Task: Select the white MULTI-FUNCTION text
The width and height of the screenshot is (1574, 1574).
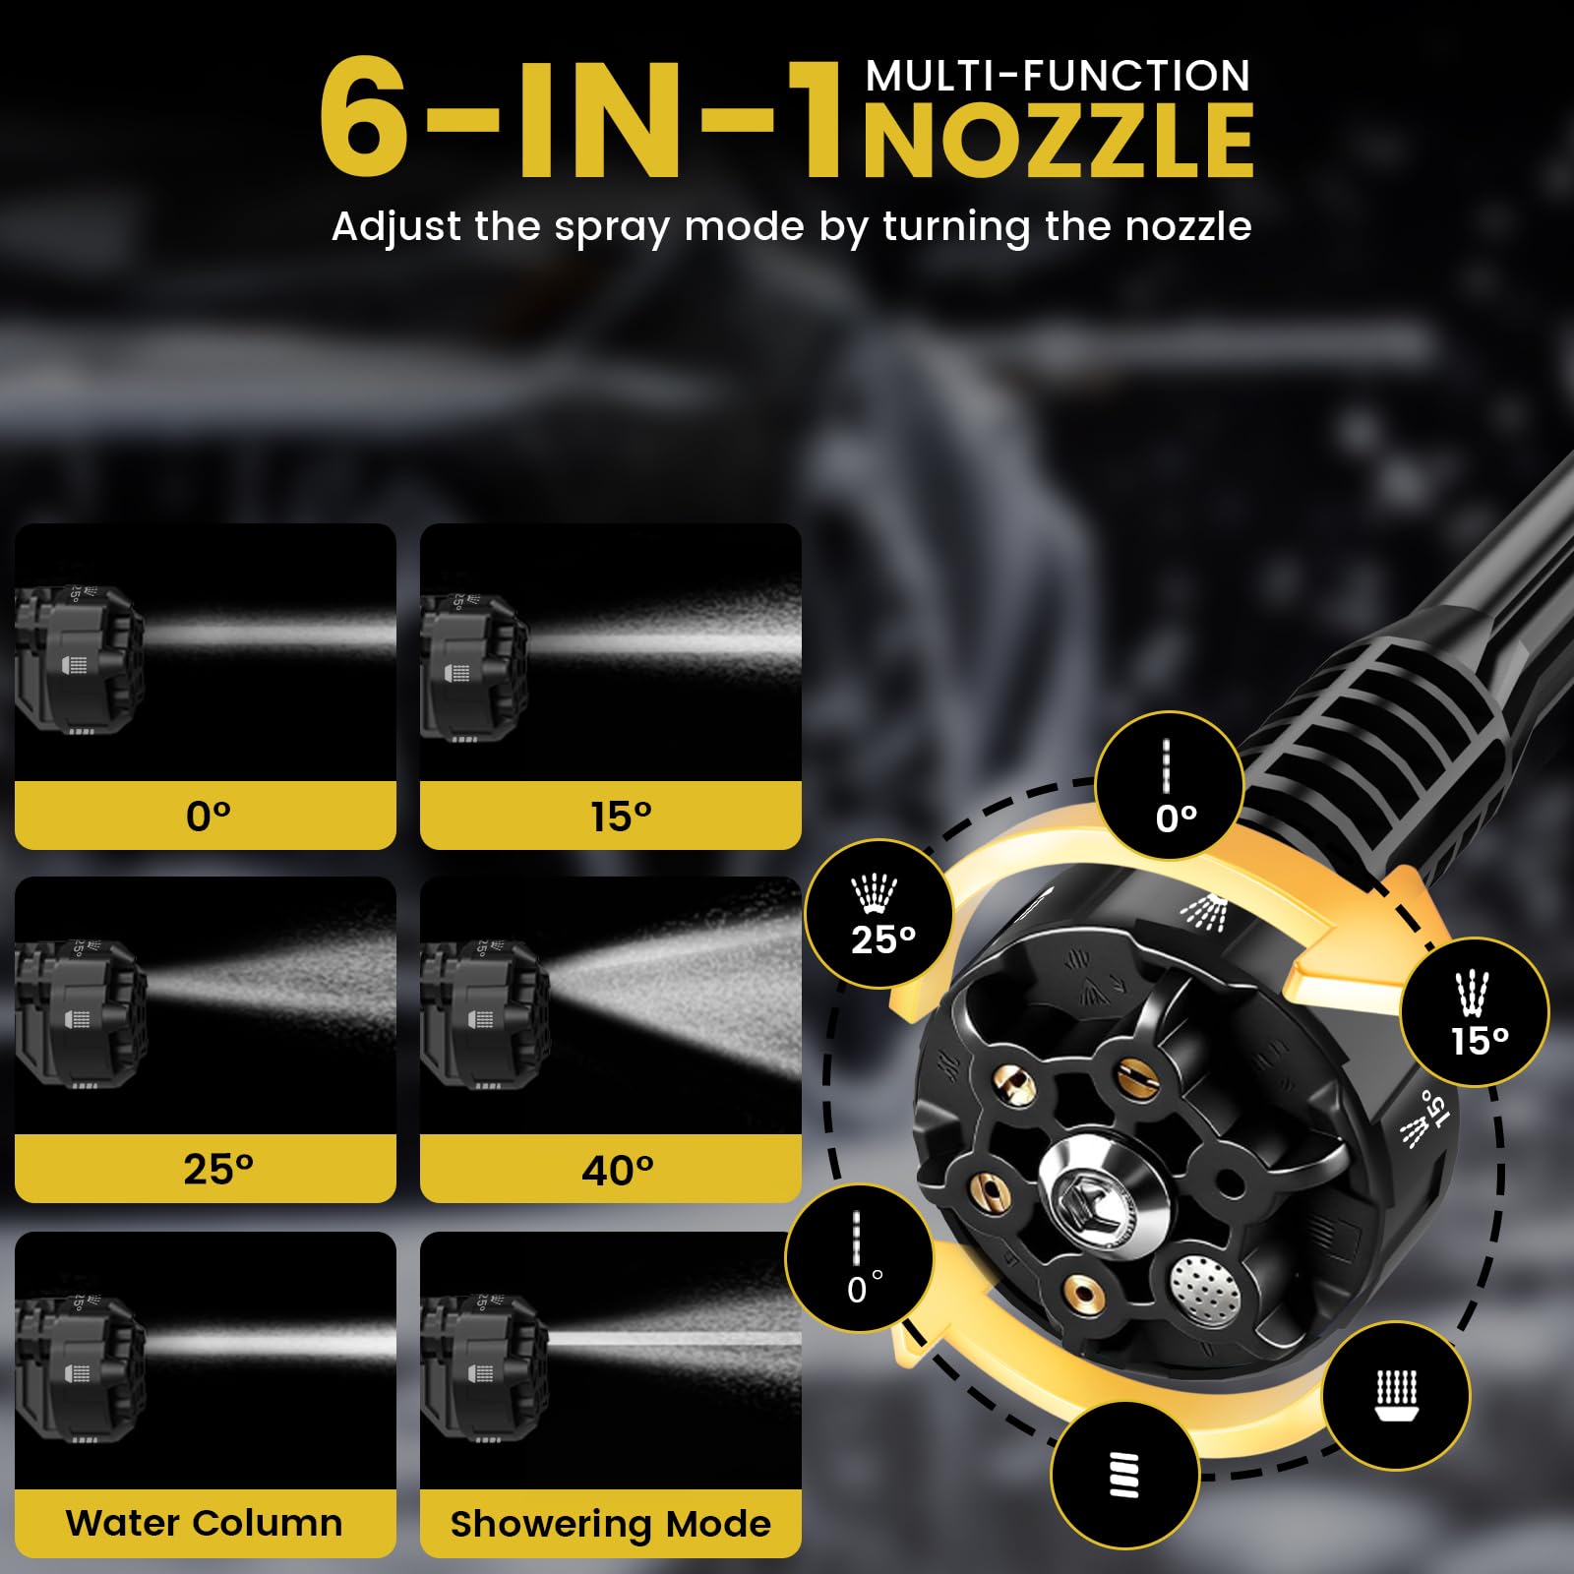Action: pyautogui.click(x=1058, y=76)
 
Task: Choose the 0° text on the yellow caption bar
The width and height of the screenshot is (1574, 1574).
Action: pyautogui.click(x=209, y=817)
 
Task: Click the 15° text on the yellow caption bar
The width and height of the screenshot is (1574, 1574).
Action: pyautogui.click(x=621, y=817)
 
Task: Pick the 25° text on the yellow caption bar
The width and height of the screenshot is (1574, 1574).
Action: pyautogui.click(x=217, y=1169)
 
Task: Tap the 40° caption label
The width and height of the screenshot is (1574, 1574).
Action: pyautogui.click(x=617, y=1170)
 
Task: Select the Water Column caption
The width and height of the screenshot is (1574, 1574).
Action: pyautogui.click(x=205, y=1523)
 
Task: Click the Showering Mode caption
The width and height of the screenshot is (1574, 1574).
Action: pyautogui.click(x=610, y=1524)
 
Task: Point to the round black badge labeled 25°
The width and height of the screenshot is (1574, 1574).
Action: pyautogui.click(x=878, y=914)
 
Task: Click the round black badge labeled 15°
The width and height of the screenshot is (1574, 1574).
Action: pyautogui.click(x=1475, y=1012)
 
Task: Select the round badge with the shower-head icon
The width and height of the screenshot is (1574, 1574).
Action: pyautogui.click(x=1396, y=1397)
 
